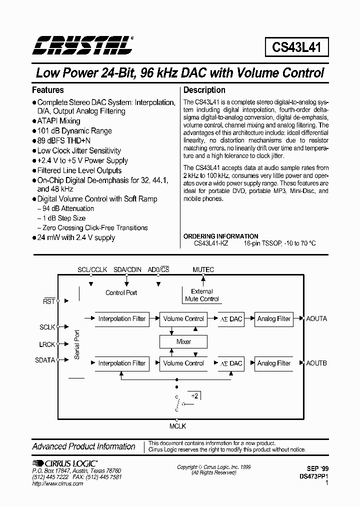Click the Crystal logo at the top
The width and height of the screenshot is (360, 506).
click(x=83, y=45)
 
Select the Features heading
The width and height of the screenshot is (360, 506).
click(x=48, y=90)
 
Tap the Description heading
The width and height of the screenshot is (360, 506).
click(x=204, y=90)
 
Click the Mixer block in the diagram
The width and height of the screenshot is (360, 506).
click(x=183, y=342)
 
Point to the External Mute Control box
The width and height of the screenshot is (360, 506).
click(x=202, y=295)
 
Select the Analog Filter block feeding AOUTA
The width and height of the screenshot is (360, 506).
click(x=273, y=319)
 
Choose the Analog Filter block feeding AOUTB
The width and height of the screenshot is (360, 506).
click(x=273, y=363)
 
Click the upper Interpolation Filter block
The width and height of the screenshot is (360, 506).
click(x=122, y=319)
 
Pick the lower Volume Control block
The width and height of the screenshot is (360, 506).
click(x=183, y=363)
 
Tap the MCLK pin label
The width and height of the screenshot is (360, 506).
click(x=177, y=426)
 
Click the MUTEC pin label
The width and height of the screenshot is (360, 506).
click(x=203, y=270)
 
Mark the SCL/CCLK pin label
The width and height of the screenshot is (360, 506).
click(x=92, y=270)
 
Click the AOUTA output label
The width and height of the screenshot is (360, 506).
click(x=316, y=318)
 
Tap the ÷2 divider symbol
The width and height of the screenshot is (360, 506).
click(x=195, y=396)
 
